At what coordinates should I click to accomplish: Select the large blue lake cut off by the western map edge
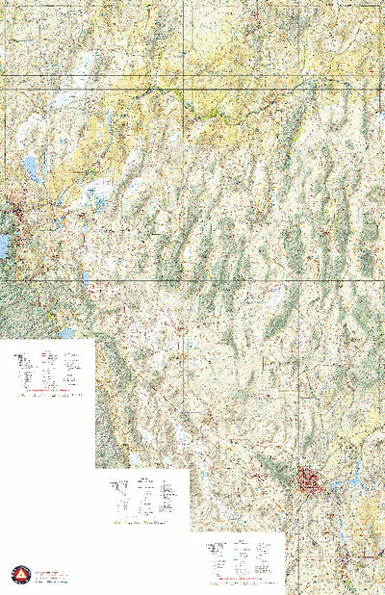[4, 246]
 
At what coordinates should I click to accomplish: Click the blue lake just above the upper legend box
[66, 334]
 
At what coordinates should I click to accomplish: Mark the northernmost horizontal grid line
[192, 76]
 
